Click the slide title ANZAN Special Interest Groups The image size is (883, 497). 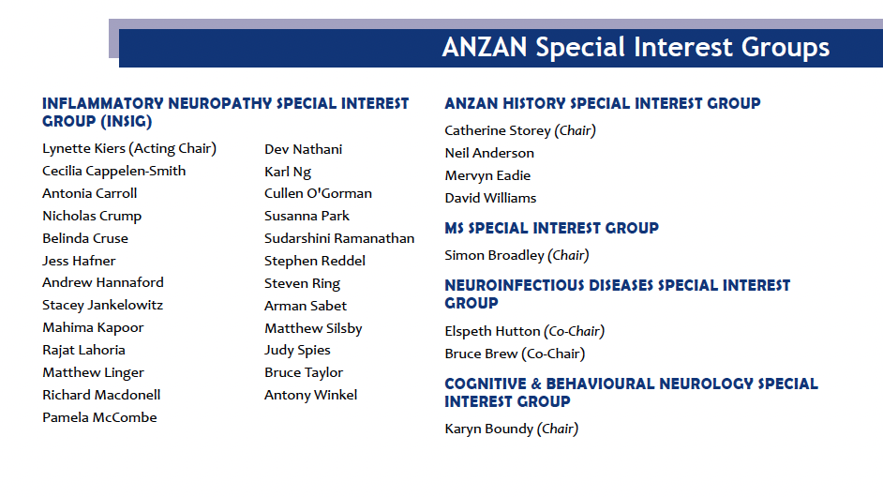(x=636, y=47)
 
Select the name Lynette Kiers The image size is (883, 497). (x=84, y=148)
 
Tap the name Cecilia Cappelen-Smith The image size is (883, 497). (x=113, y=172)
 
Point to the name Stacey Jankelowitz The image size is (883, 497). (x=102, y=306)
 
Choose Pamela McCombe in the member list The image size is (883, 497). (x=99, y=417)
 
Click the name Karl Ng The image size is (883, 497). (x=288, y=172)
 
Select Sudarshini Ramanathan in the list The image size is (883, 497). (x=339, y=238)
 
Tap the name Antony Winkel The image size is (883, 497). (x=311, y=395)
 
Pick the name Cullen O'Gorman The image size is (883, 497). (x=318, y=193)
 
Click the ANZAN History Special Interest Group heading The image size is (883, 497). (x=603, y=104)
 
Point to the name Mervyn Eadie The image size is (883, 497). (x=487, y=175)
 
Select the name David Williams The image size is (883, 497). (x=490, y=198)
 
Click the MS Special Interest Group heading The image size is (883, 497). (x=552, y=228)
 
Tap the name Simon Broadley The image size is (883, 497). (x=494, y=255)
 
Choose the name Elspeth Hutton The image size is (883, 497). (x=492, y=331)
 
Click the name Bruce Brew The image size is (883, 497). (x=481, y=354)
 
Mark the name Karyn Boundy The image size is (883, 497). (x=488, y=429)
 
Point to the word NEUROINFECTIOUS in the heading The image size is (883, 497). (x=515, y=286)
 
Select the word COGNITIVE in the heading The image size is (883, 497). (x=486, y=384)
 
